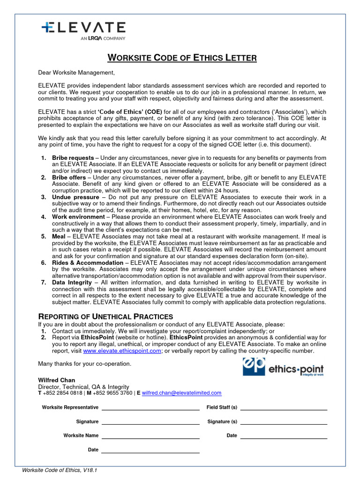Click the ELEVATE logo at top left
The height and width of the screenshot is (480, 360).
tap(83, 30)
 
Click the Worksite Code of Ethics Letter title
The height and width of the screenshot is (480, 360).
tap(182, 58)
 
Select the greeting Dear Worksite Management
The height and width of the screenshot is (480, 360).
tap(76, 73)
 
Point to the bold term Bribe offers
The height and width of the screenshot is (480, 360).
tap(69, 178)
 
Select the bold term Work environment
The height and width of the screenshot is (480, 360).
tap(78, 217)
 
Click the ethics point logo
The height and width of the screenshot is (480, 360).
tap(283, 367)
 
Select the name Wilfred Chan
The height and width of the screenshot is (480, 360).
tap(56, 380)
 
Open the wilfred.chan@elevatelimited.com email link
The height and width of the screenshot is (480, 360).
tap(181, 393)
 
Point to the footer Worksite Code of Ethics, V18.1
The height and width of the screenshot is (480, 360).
tap(60, 470)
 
